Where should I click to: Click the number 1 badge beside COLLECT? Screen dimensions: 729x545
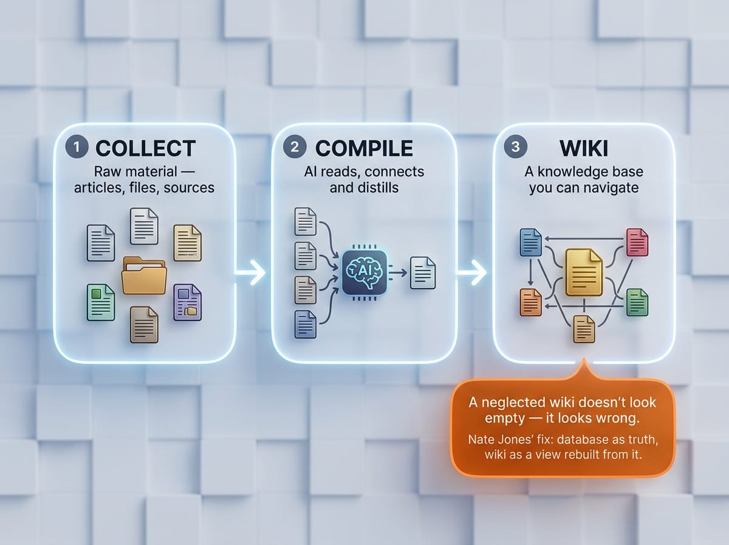pyautogui.click(x=77, y=147)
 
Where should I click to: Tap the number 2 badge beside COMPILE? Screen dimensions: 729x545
pyautogui.click(x=295, y=147)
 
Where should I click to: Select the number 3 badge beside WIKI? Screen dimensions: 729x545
pyautogui.click(x=515, y=147)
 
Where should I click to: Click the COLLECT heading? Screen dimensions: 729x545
pyautogui.click(x=145, y=148)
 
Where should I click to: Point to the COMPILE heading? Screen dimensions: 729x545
pyautogui.click(x=364, y=148)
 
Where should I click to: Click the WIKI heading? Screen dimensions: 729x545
pyautogui.click(x=584, y=148)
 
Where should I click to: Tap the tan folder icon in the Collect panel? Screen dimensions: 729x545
pyautogui.click(x=144, y=276)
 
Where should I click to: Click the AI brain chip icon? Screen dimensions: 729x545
pyautogui.click(x=364, y=272)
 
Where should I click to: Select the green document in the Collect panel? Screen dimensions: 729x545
pyautogui.click(x=101, y=302)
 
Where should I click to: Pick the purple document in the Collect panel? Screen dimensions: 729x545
pyautogui.click(x=187, y=302)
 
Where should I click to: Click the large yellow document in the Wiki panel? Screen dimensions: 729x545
pyautogui.click(x=584, y=272)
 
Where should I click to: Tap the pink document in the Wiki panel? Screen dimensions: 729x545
pyautogui.click(x=637, y=242)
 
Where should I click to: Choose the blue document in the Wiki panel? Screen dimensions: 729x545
pyautogui.click(x=530, y=242)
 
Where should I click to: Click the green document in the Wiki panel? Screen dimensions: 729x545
pyautogui.click(x=637, y=302)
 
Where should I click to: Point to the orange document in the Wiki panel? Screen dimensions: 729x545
pyautogui.click(x=530, y=302)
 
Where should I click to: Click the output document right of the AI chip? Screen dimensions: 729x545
pyautogui.click(x=423, y=272)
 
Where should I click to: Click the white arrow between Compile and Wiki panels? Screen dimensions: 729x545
pyautogui.click(x=471, y=272)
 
